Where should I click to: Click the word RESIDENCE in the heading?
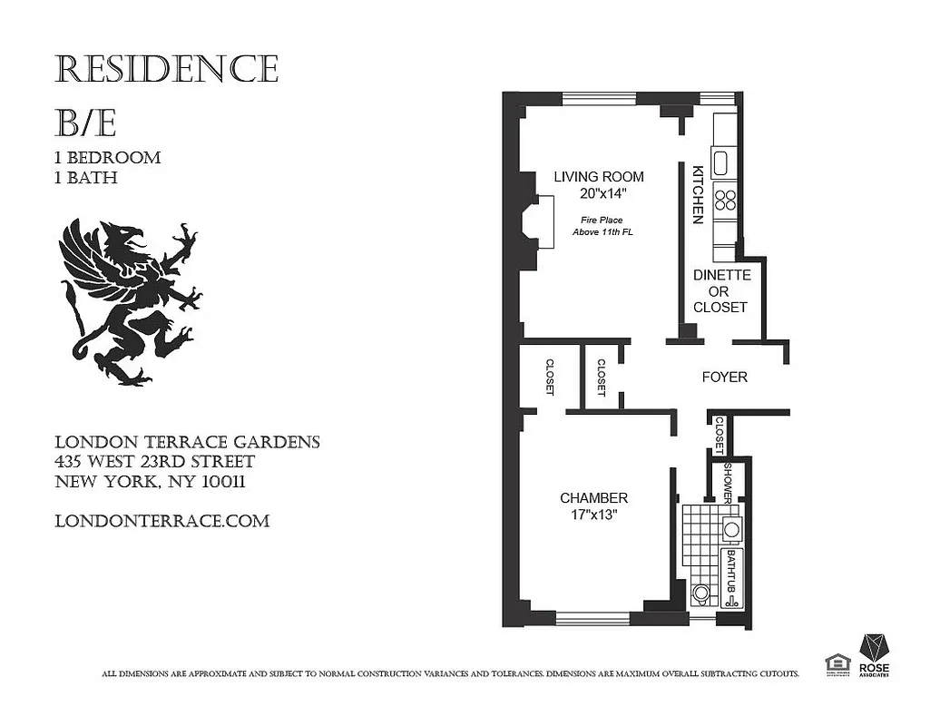click(166, 69)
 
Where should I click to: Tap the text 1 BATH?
click(86, 178)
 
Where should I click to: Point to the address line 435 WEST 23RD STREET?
click(153, 462)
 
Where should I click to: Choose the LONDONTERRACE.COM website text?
click(162, 521)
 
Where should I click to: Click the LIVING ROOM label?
click(599, 177)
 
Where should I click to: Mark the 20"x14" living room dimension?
click(599, 193)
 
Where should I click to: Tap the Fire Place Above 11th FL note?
click(600, 226)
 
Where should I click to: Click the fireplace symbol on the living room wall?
click(543, 223)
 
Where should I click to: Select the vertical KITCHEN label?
click(698, 194)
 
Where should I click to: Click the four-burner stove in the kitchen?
click(725, 199)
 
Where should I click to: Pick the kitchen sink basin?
click(721, 163)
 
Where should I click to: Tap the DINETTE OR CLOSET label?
click(720, 291)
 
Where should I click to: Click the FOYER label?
click(725, 377)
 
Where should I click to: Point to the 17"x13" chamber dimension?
click(593, 515)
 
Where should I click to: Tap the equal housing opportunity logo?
click(836, 664)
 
